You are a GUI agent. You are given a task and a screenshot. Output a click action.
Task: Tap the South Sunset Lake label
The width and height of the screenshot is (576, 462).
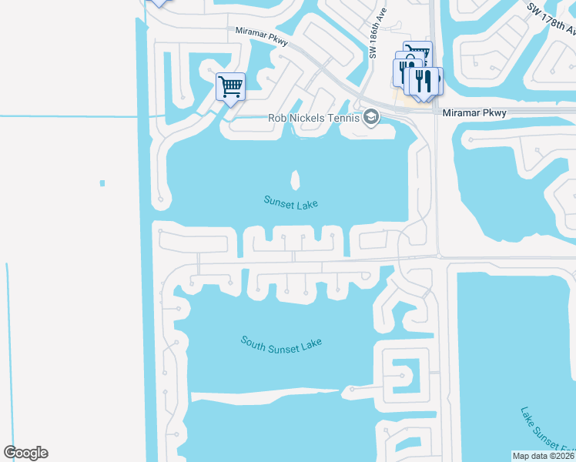click(x=280, y=344)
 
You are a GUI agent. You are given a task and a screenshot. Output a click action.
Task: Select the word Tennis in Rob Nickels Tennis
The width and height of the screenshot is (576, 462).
click(x=342, y=118)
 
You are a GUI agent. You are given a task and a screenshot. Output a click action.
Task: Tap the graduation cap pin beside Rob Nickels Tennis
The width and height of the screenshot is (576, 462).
click(x=371, y=117)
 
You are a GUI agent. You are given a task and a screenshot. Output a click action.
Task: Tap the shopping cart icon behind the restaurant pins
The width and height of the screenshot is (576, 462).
click(x=417, y=51)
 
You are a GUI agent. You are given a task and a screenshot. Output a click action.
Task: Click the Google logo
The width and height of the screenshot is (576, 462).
click(x=25, y=453)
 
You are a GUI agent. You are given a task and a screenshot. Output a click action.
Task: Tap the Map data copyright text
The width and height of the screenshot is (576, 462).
click(x=544, y=456)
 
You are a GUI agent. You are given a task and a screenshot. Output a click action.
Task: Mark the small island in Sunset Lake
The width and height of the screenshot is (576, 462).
click(x=295, y=180)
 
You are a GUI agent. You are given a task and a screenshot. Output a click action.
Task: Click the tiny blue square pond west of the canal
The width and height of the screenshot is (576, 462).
click(x=102, y=182)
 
